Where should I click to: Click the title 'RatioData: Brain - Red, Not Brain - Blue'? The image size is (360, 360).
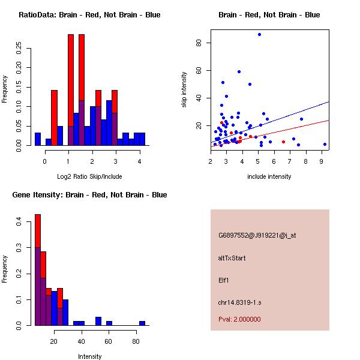click(89, 15)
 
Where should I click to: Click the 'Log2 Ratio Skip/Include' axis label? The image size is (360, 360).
click(89, 176)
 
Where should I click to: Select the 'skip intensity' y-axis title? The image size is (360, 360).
click(184, 90)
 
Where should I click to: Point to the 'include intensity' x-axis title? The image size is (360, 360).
click(269, 176)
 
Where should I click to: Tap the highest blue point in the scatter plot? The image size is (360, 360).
click(259, 34)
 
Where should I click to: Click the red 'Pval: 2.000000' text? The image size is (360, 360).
click(239, 319)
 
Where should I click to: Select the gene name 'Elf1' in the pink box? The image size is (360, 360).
click(224, 280)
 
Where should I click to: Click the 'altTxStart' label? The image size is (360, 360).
click(232, 257)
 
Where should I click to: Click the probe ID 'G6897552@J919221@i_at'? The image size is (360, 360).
click(257, 235)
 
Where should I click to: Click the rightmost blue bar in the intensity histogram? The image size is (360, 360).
click(142, 323)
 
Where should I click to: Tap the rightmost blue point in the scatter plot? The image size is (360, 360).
click(325, 144)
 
